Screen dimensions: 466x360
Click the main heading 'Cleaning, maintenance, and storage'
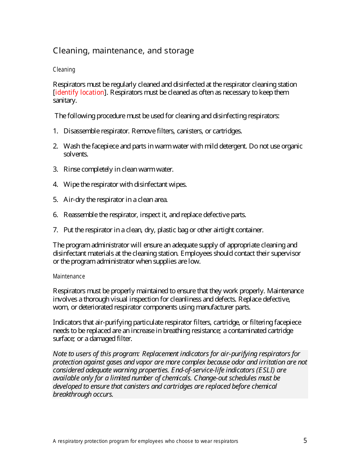pos(123,51)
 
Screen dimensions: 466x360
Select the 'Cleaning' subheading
pos(64,70)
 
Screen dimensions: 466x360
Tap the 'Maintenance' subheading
pos(69,277)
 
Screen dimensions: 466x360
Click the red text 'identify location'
pos(80,92)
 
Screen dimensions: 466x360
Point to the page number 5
pos(305,441)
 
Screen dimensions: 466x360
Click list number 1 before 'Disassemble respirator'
pos(55,131)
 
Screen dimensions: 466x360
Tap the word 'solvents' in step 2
pos(75,154)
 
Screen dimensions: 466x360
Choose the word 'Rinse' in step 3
pos(72,169)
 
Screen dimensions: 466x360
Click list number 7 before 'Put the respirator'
pos(55,230)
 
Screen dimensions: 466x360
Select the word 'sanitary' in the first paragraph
pos(64,100)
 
